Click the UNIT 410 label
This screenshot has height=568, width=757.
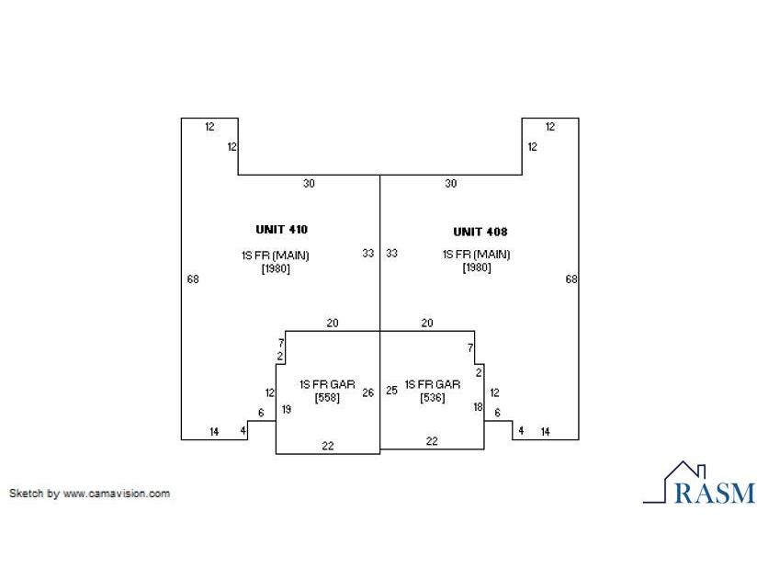coord(281,230)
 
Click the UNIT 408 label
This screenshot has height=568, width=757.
coord(480,232)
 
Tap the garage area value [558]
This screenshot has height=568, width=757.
coord(327,397)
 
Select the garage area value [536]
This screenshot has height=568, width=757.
coord(433,397)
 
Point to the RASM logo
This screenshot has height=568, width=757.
coord(699,483)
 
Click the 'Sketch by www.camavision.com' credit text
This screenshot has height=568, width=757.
coord(89,494)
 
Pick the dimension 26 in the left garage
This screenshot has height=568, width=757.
coord(367,392)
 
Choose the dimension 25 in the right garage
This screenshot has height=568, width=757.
coord(391,391)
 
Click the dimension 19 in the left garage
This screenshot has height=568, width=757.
coord(287,410)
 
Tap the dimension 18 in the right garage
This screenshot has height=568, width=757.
coord(478,407)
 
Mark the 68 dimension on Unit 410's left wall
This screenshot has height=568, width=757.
coord(193,279)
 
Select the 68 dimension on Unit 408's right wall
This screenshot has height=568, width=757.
coord(571,279)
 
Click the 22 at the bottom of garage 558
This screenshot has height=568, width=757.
coord(328,446)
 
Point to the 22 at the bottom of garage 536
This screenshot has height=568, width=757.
coord(432,441)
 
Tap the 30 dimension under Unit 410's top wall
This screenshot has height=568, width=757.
coord(309,184)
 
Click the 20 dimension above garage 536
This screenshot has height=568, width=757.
coord(427,323)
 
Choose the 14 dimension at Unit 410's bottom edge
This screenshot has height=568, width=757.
coord(214,432)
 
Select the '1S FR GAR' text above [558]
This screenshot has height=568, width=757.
coord(327,384)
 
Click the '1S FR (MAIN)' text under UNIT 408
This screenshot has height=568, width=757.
coord(477,255)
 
